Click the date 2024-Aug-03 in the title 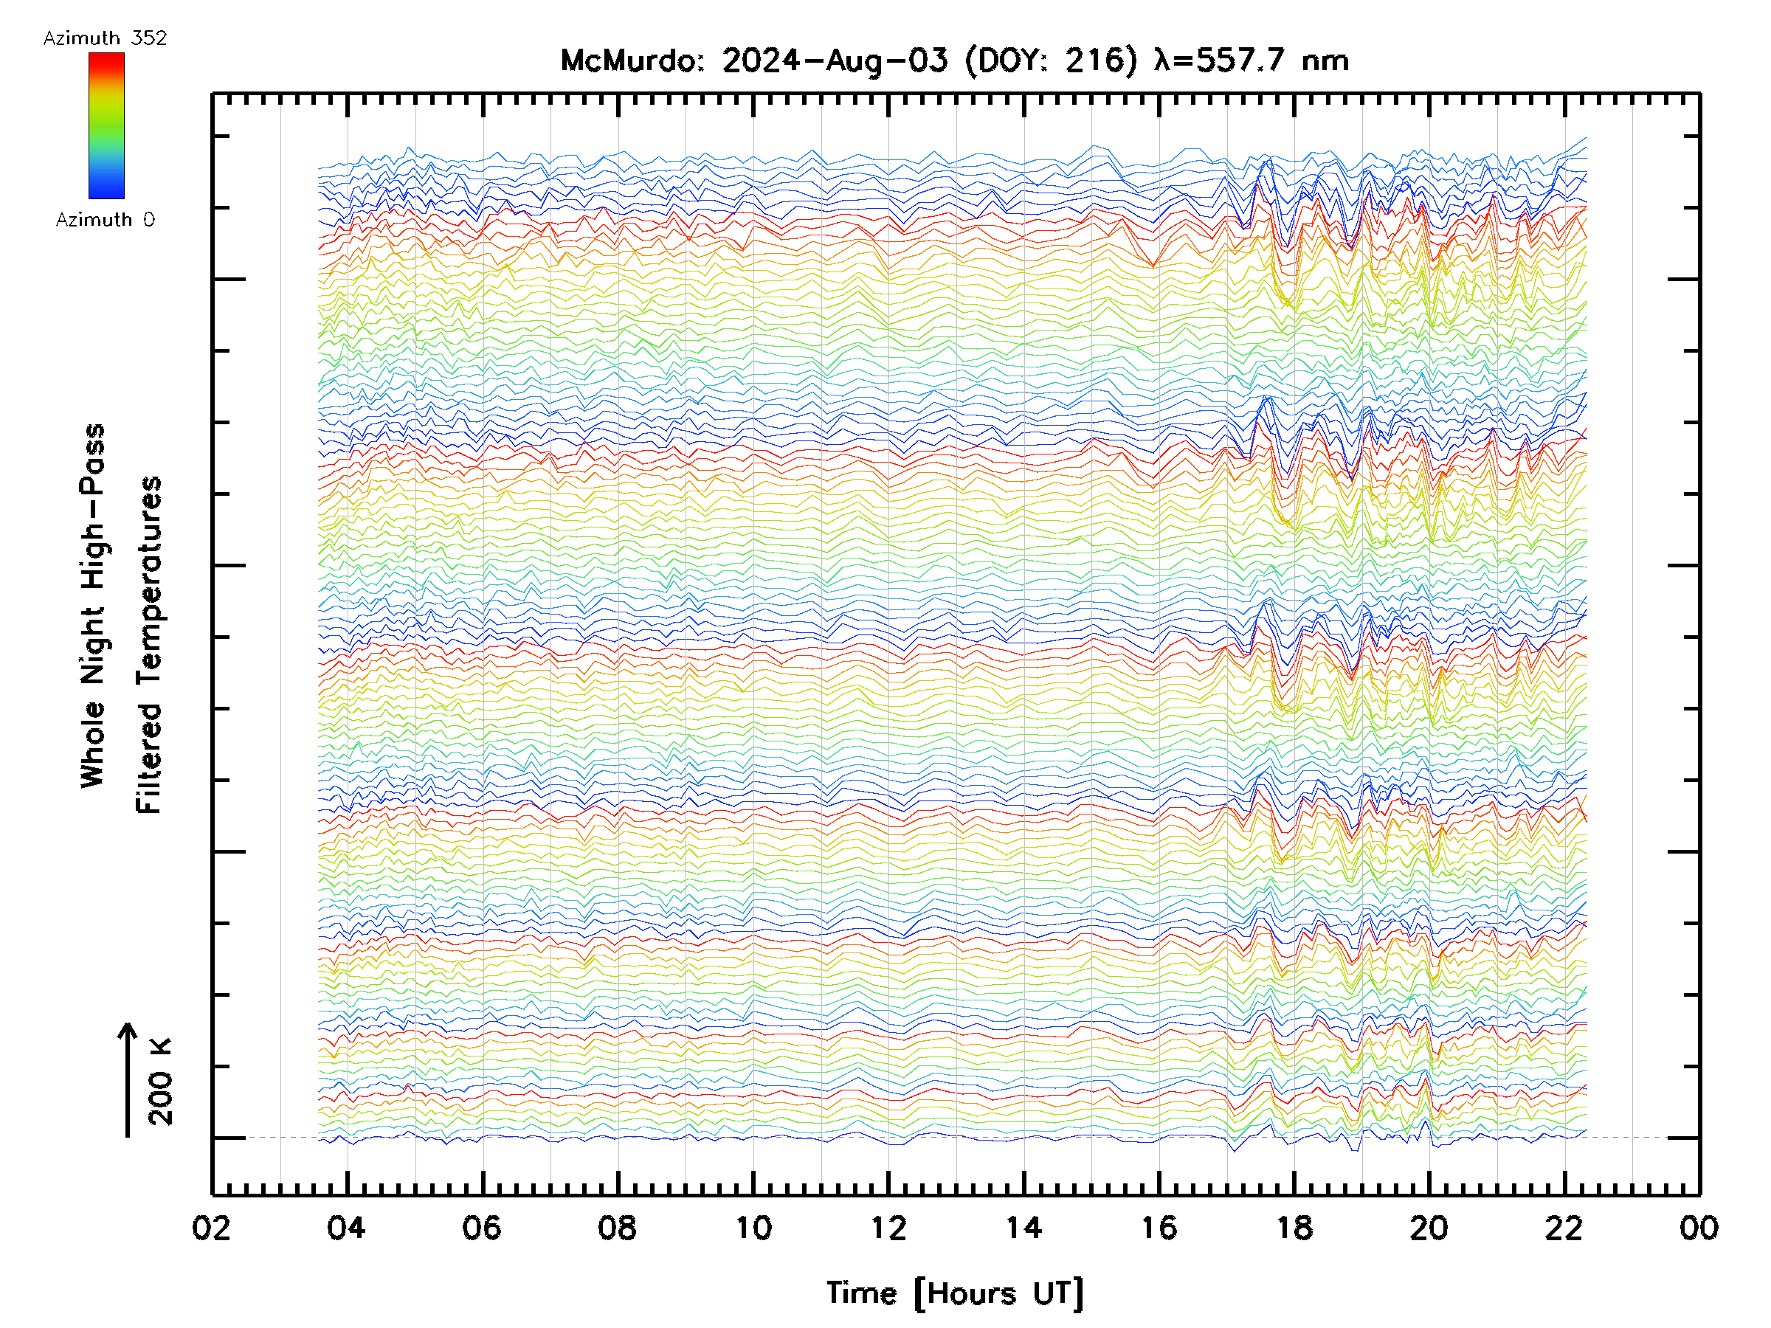click(x=835, y=60)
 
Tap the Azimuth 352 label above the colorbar click(x=105, y=38)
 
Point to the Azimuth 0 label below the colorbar click(x=105, y=219)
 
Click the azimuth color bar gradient click(x=106, y=125)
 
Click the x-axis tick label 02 click(x=211, y=1227)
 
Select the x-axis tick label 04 click(x=347, y=1227)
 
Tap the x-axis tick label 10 click(x=753, y=1227)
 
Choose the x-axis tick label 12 click(x=888, y=1227)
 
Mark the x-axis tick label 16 click(x=1159, y=1227)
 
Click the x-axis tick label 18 click(x=1294, y=1227)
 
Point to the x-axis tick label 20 click(x=1429, y=1227)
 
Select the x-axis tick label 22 click(x=1564, y=1227)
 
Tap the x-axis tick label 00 click(x=1699, y=1227)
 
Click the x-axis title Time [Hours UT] click(x=955, y=1293)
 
